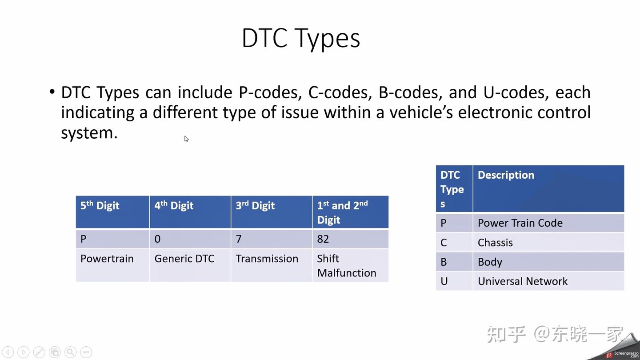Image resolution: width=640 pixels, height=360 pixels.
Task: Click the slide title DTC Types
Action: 301,38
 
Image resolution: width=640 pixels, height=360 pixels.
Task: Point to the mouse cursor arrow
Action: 186,139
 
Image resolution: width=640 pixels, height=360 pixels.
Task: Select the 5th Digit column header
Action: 100,206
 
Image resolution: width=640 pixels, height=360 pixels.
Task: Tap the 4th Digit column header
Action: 174,206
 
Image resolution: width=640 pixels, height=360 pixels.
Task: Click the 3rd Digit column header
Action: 255,206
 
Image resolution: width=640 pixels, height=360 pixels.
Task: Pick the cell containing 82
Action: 323,239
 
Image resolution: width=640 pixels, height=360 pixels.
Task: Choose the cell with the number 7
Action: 239,239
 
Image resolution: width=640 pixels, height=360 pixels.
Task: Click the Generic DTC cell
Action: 184,259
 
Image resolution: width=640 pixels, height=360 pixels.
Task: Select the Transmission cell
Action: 267,259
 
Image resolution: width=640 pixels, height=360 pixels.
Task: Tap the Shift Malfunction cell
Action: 346,265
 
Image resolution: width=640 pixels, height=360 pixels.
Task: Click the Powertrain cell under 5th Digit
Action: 107,259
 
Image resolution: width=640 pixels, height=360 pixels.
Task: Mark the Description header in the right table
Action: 506,175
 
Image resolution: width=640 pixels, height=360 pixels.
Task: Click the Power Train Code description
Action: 520,223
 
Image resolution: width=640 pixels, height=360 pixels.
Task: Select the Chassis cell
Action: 495,243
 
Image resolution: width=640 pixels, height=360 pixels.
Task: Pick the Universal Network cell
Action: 523,281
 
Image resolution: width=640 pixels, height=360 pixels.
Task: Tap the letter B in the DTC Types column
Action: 444,262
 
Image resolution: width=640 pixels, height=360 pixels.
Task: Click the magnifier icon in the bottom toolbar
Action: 70,352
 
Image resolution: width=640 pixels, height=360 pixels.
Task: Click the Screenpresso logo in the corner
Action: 622,354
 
